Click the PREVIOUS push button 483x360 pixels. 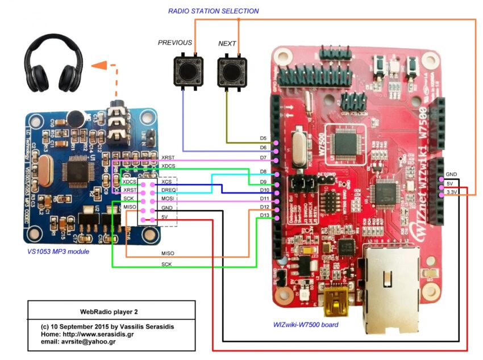tap(185, 72)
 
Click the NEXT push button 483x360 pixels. tap(232, 72)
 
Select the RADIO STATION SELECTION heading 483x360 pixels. tap(213, 11)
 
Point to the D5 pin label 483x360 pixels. tap(263, 139)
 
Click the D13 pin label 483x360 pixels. tap(264, 215)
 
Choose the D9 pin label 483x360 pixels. tap(263, 181)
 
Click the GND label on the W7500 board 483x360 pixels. tap(452, 174)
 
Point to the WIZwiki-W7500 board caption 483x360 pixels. tap(306, 325)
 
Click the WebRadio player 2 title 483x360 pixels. tap(109, 312)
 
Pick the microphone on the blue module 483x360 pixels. tap(75, 118)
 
